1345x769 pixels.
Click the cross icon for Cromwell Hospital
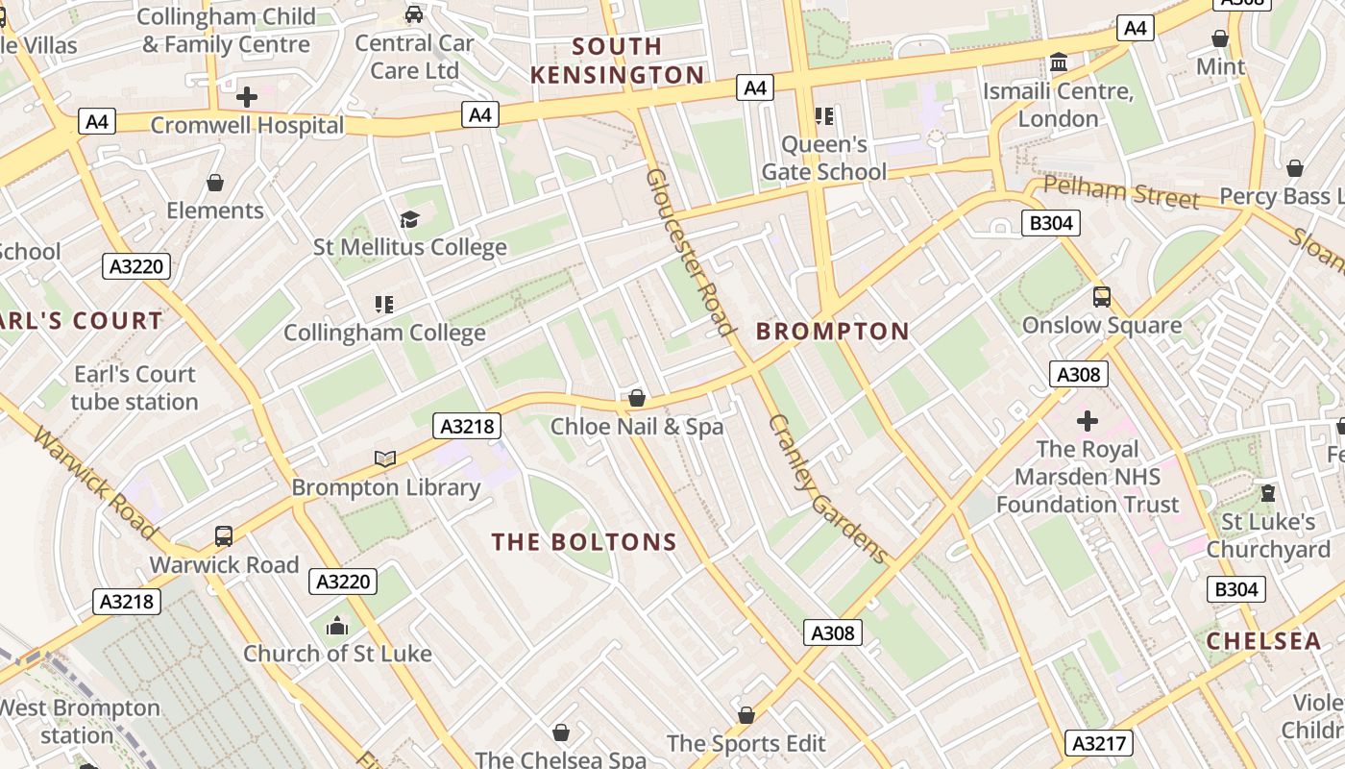point(247,97)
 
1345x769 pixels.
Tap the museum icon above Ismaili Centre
point(1059,62)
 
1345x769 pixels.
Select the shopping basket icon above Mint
point(1219,38)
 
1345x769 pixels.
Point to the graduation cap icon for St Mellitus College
point(410,219)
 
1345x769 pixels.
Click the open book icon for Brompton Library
point(385,459)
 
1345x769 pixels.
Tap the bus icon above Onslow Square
point(1102,297)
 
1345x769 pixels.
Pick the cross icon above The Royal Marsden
point(1088,421)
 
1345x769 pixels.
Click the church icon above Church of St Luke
point(337,627)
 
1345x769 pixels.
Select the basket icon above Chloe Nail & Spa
point(636,398)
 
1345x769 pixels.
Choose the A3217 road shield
point(1100,742)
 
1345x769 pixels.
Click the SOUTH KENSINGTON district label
point(617,61)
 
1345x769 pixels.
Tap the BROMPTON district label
point(833,332)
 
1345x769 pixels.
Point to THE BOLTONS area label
point(585,542)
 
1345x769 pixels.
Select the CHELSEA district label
point(1263,641)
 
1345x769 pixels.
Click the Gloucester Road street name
point(689,253)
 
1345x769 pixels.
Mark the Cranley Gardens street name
point(827,488)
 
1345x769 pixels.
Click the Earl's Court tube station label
point(134,387)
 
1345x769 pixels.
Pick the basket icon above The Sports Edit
point(746,715)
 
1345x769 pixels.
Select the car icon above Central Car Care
point(414,14)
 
